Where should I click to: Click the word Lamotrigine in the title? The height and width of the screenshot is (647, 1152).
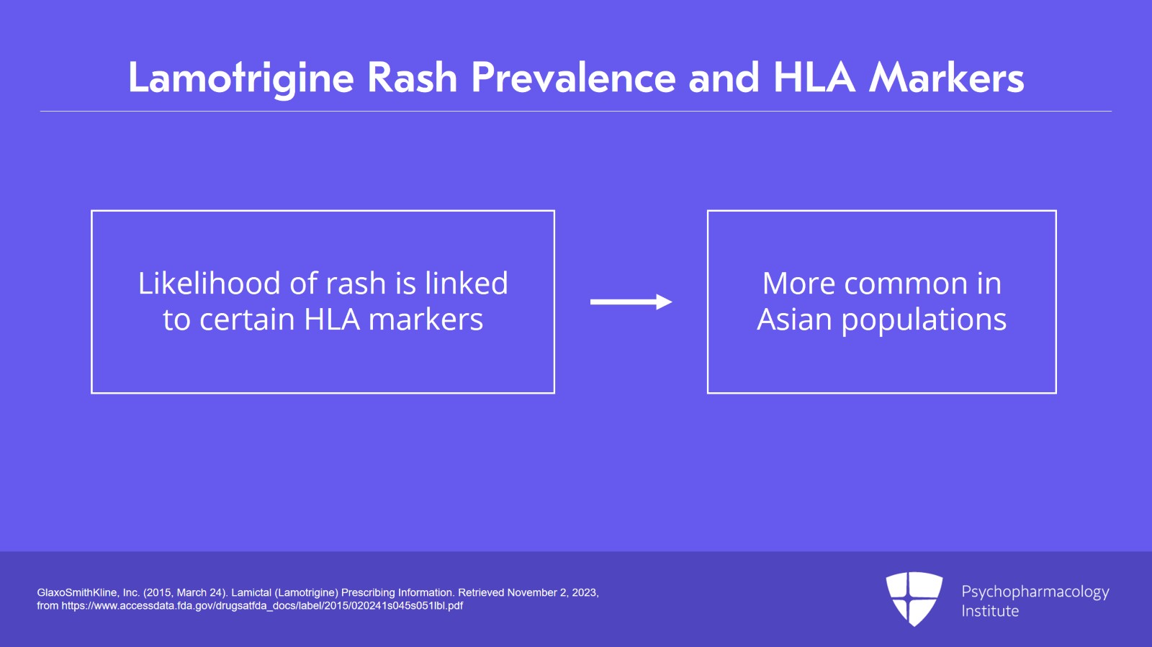(x=241, y=78)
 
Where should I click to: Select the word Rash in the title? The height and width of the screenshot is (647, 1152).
(x=413, y=78)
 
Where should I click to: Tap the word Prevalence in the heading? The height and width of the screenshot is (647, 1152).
(x=573, y=78)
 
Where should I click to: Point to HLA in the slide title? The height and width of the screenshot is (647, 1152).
(x=814, y=78)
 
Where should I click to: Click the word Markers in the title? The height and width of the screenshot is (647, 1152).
(x=946, y=78)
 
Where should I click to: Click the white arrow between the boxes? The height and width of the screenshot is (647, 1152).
(x=631, y=302)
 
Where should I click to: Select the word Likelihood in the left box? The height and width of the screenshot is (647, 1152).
(x=210, y=283)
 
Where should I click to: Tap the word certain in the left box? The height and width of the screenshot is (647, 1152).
(x=248, y=320)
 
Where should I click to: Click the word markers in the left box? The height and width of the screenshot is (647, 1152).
(x=426, y=320)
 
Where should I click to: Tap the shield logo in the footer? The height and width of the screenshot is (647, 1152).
(x=914, y=599)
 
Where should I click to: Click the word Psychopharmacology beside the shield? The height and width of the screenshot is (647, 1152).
(x=1035, y=592)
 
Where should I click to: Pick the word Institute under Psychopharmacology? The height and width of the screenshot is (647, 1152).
(x=990, y=611)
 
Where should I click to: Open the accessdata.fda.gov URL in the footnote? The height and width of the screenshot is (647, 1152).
(x=262, y=606)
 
